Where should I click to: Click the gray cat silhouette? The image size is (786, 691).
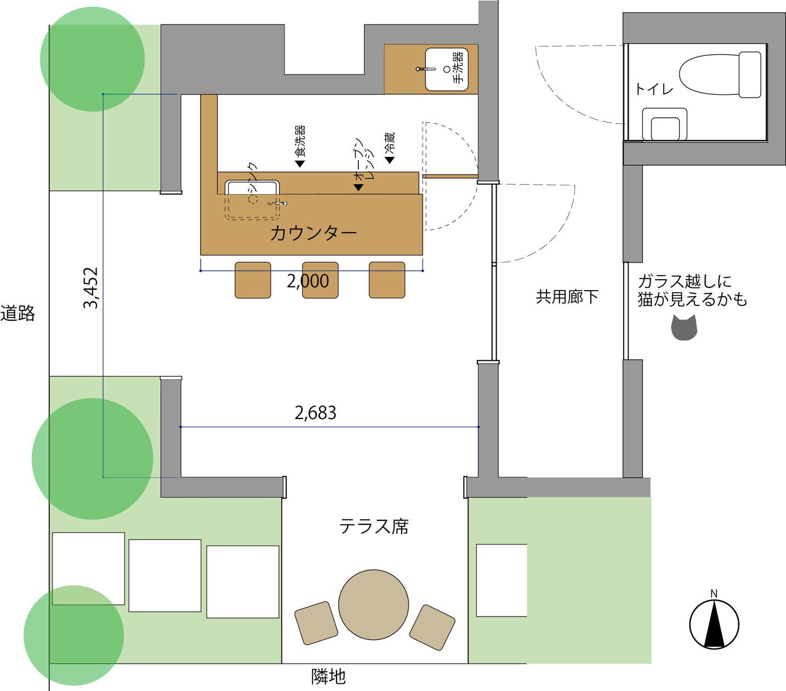pos(684,328)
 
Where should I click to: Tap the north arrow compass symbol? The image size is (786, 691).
pos(714,624)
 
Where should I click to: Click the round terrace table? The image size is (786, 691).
pos(373,604)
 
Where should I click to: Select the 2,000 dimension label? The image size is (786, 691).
pos(308,281)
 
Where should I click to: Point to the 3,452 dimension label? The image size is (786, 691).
pos(90,287)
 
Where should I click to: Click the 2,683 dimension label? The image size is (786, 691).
pos(315,412)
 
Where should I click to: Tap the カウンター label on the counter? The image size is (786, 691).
pos(313,233)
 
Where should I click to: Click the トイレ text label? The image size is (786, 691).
pos(654,89)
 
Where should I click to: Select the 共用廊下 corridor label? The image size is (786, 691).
pos(567,297)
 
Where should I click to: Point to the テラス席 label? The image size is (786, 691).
pos(374,526)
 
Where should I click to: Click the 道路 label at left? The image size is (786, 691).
pos(18,313)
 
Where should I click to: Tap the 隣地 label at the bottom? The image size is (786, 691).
pos(328,676)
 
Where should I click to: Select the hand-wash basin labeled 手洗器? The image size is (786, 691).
pos(446,69)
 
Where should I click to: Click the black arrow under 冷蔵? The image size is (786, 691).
pos(390,160)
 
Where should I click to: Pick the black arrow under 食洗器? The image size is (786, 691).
pos(300,163)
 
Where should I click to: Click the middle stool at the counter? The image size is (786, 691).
pos(320,280)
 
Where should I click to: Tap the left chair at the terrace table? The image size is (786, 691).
pos(316,622)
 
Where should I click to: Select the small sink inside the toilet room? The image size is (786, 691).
pos(664,124)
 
